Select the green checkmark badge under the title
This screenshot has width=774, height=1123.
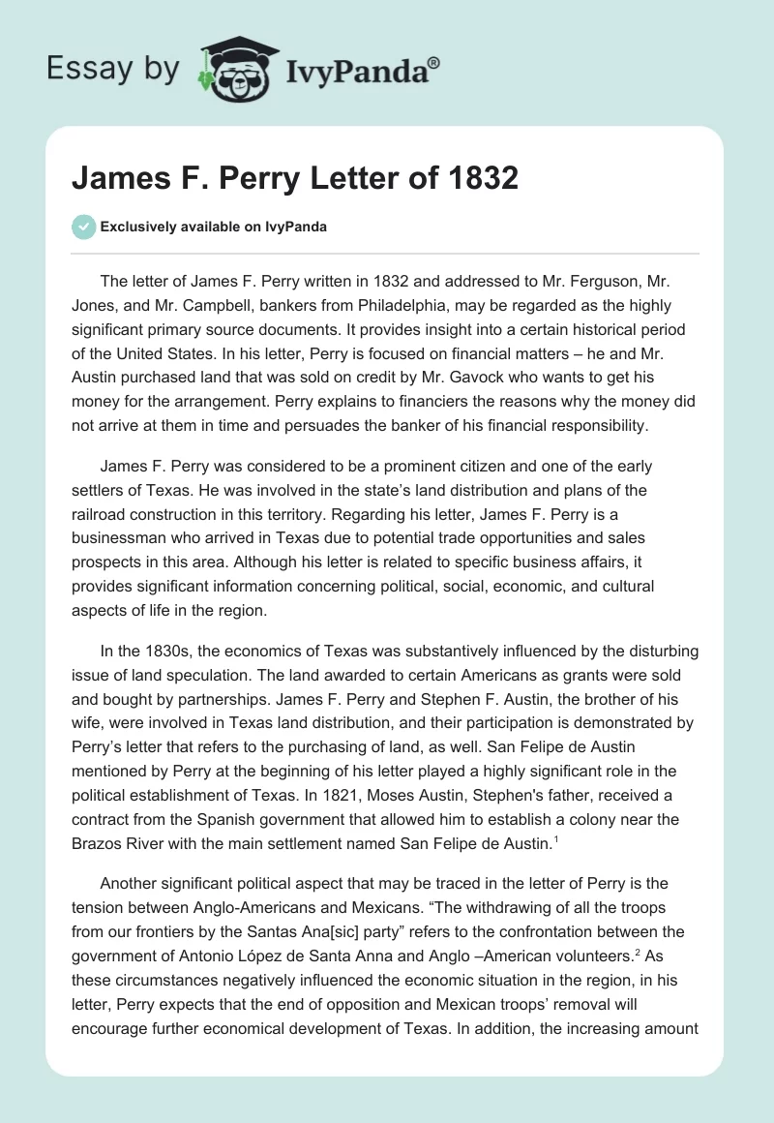point(83,227)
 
